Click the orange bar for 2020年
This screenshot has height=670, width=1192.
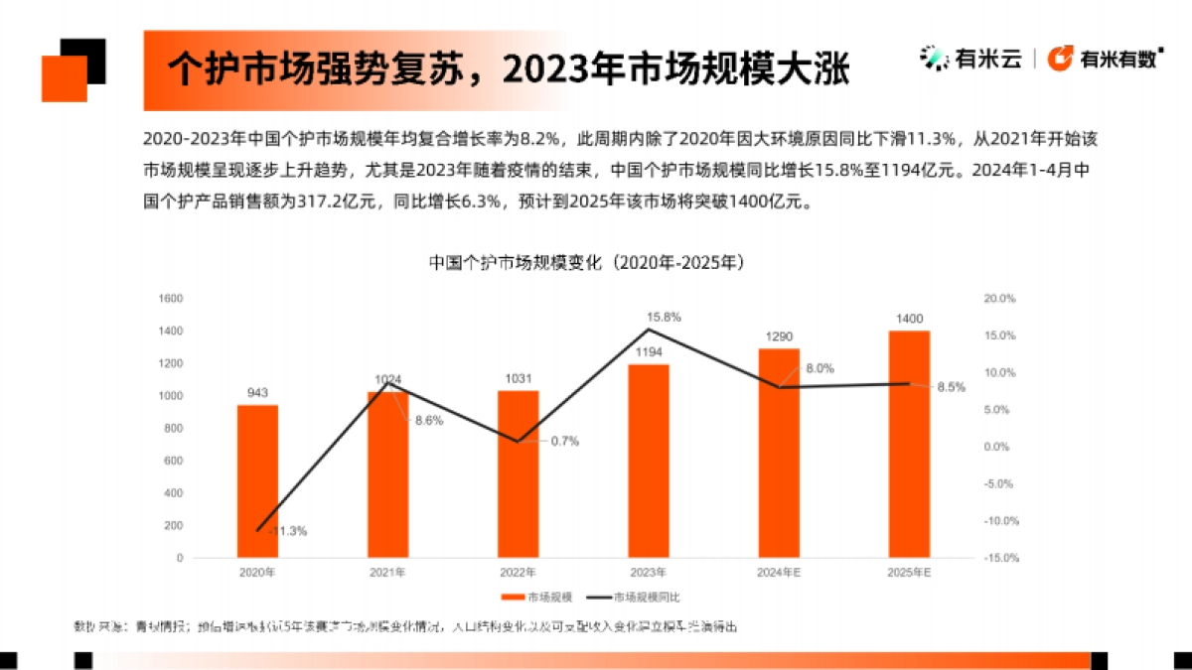257,481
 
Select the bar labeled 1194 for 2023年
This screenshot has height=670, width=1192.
648,461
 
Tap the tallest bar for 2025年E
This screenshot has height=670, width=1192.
909,444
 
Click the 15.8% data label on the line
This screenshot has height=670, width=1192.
664,317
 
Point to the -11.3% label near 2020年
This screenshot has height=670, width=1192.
287,531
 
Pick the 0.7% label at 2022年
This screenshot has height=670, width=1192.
564,441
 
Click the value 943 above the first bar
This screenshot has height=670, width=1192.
257,393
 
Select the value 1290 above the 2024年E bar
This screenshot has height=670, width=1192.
779,336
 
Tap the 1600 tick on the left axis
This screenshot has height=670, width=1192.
170,298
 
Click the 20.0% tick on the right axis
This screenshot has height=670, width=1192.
998,298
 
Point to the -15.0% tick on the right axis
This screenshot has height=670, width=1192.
998,558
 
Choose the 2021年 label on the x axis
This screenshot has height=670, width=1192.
387,573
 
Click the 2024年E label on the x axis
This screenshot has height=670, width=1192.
779,573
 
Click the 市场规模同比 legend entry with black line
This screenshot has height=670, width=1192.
636,598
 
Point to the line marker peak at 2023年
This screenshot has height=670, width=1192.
648,329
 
